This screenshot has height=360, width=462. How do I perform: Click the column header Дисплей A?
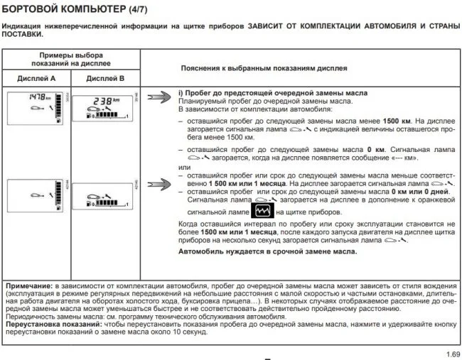coord(37,79)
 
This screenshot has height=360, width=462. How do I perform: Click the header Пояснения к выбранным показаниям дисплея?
coord(264,69)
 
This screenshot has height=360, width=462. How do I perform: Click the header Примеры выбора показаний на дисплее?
coord(72,60)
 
